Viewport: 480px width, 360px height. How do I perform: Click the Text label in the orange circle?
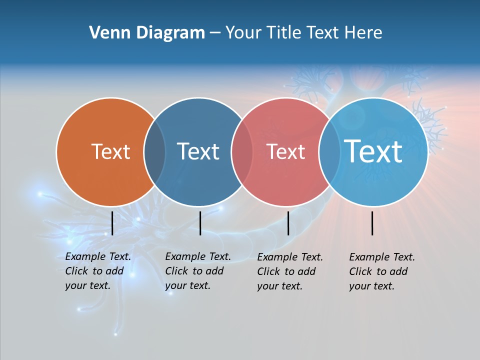(110, 151)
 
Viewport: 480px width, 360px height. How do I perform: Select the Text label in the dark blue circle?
(198, 151)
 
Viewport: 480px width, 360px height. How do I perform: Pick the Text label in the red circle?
(285, 151)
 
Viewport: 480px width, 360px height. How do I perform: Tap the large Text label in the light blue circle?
(373, 151)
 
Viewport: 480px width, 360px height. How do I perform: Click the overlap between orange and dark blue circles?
(154, 151)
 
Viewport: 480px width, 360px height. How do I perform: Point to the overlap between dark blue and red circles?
(242, 151)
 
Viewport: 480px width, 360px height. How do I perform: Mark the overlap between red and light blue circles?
(329, 151)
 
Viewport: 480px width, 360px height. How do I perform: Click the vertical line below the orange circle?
(112, 223)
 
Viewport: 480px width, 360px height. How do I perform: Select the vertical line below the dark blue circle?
(200, 223)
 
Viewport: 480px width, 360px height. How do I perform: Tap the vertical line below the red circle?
(288, 223)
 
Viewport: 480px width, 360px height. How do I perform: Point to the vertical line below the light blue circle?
(372, 223)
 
